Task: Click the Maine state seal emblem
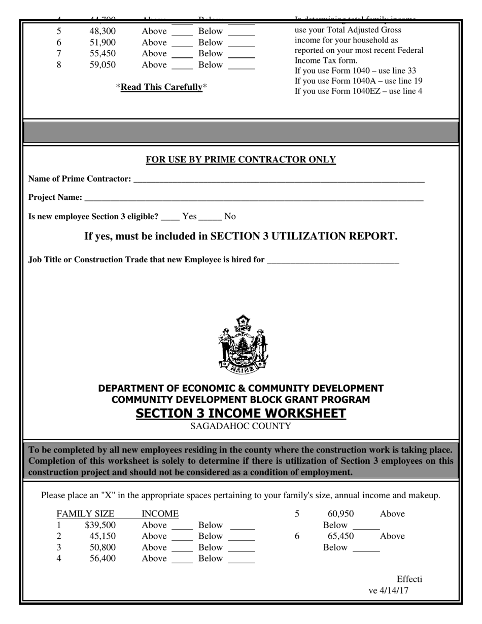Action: point(243,344)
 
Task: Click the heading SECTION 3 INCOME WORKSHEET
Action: point(240,413)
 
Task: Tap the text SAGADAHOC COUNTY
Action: point(240,426)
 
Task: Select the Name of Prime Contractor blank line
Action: point(278,180)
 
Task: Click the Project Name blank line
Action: point(254,198)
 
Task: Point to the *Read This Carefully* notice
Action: point(161,87)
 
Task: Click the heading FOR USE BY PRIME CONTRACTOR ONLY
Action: point(240,160)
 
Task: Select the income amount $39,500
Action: point(100,525)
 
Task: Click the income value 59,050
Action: point(103,65)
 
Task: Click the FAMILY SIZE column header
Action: point(85,514)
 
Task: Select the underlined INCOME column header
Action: point(160,514)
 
